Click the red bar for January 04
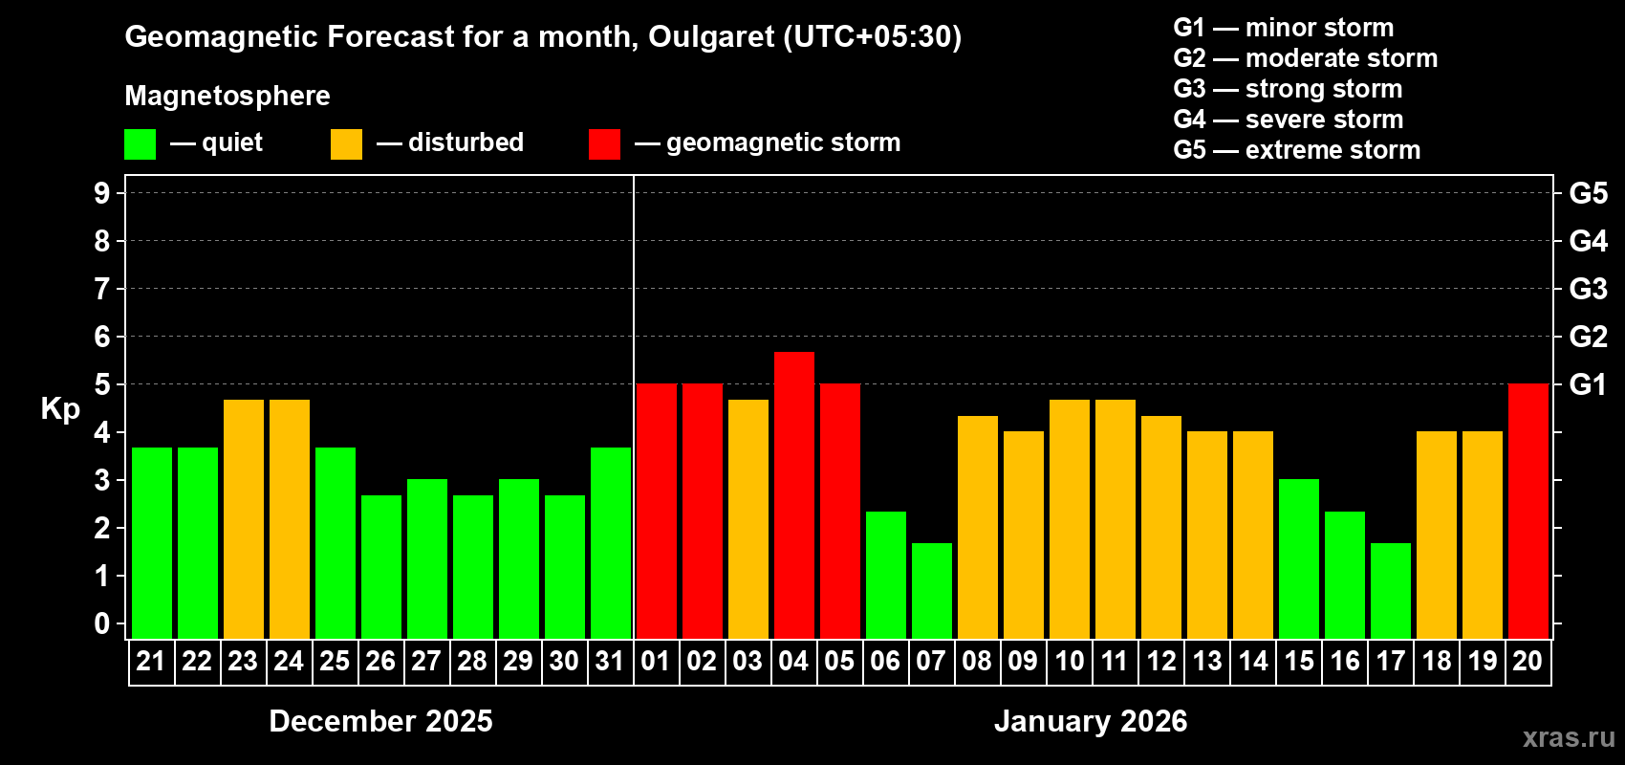coord(793,495)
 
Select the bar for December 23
coord(243,519)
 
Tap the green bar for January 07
coord(931,591)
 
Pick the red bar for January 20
coord(1527,512)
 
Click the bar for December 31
coord(610,543)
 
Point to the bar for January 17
coord(1390,591)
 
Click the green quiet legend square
coord(140,144)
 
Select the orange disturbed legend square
coord(346,144)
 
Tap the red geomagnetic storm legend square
coord(604,144)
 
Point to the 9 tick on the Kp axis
coord(102,193)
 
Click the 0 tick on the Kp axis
coord(102,624)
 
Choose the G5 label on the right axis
coord(1588,193)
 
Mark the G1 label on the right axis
coord(1588,384)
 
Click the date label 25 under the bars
coord(335,661)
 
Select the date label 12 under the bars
coord(1160,661)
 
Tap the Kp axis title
coord(60,409)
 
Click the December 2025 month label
coord(380,721)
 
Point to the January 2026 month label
coord(1091,721)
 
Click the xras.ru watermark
coord(1569,737)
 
